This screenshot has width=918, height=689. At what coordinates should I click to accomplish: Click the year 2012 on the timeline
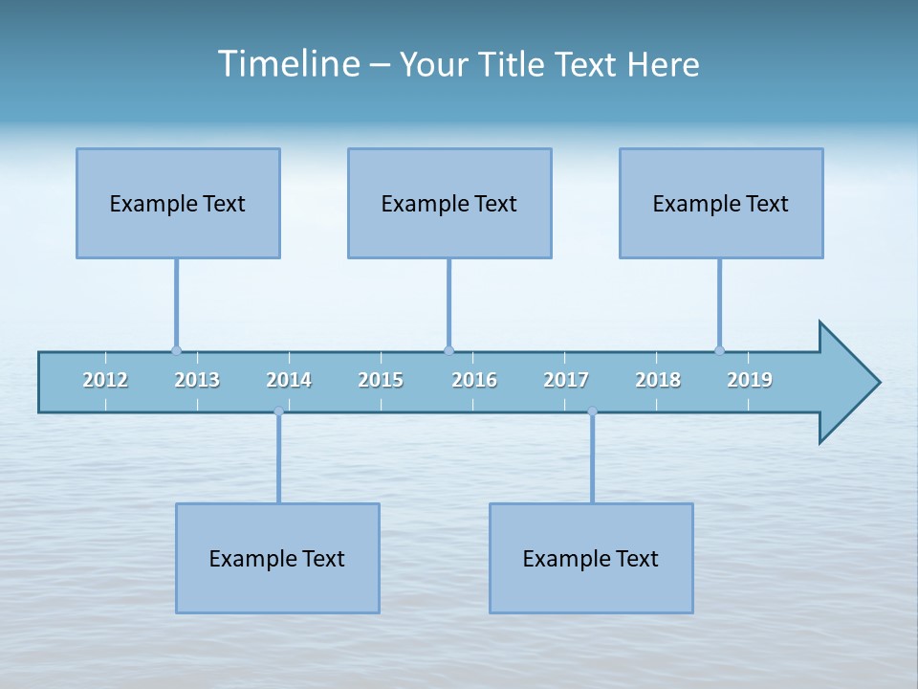[x=105, y=380]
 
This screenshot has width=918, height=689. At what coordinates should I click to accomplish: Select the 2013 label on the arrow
[x=197, y=380]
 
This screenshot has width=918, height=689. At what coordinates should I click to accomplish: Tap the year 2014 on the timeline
[x=289, y=380]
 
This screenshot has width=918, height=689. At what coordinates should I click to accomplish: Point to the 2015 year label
[x=381, y=380]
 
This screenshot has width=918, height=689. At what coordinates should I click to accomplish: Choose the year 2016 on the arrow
[x=474, y=380]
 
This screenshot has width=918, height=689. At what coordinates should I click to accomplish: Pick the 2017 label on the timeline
[x=566, y=380]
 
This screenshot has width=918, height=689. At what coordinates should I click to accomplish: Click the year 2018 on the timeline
[x=658, y=380]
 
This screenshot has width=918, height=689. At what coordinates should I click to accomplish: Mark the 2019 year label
[x=750, y=380]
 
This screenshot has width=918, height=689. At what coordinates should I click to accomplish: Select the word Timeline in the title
[x=288, y=64]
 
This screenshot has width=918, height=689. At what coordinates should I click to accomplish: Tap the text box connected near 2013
[x=178, y=203]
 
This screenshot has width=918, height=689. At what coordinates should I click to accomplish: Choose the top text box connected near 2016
[x=449, y=203]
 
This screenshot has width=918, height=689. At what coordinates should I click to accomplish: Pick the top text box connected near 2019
[x=721, y=203]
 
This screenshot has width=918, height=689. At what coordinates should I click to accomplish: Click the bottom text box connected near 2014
[x=277, y=558]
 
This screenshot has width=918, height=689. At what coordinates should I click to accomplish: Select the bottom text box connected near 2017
[x=591, y=558]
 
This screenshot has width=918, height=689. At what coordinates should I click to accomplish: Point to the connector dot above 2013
[x=176, y=351]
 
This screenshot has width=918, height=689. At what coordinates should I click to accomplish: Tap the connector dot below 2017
[x=592, y=411]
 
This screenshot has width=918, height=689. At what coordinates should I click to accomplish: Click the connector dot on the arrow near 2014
[x=278, y=411]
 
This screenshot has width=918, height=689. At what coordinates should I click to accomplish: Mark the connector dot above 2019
[x=719, y=351]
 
